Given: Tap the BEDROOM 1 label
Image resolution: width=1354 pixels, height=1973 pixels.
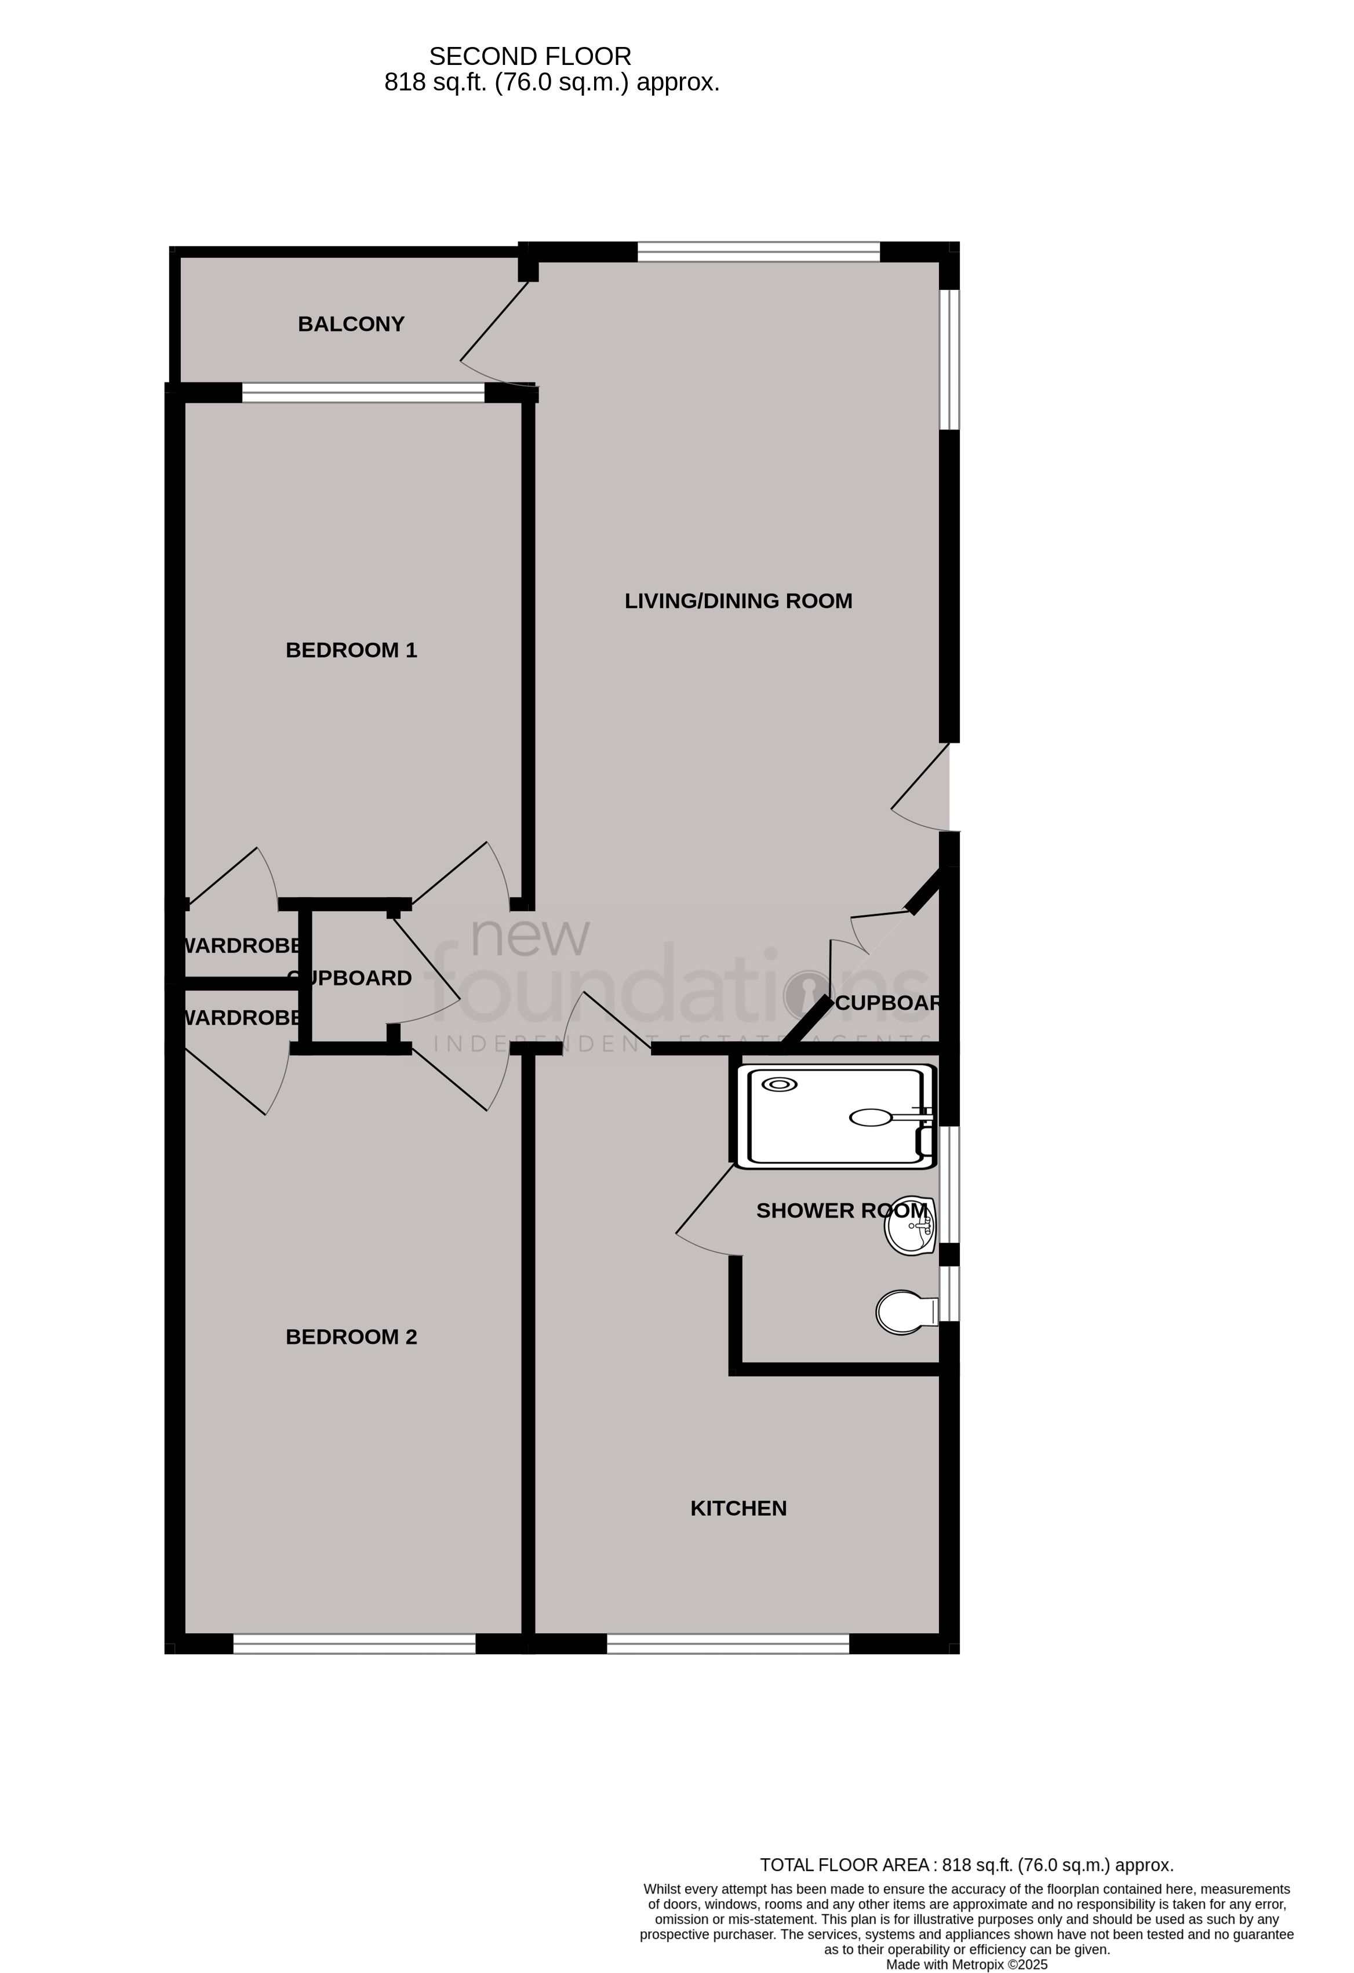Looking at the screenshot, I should coord(351,650).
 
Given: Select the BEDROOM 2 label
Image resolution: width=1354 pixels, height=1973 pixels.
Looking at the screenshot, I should coord(351,1337).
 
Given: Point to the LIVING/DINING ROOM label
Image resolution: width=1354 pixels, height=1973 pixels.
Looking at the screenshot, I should coord(738,601).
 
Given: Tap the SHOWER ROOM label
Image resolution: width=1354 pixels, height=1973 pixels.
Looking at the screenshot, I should coord(840,1211).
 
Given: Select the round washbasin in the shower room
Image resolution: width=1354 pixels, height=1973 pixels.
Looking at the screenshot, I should coord(909,1226).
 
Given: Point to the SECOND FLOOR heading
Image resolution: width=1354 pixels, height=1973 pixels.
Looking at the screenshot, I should coord(530,57).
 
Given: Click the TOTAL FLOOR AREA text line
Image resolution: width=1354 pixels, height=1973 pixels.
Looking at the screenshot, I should coord(966,1865).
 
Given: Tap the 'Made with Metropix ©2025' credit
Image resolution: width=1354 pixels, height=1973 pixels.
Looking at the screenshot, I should coord(966,1964).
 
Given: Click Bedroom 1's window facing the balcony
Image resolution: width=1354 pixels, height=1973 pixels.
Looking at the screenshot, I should coord(363,392).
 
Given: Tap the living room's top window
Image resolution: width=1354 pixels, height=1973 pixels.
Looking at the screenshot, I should coord(758,252).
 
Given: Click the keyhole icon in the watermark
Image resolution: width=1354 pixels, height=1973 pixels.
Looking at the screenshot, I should coord(806,993).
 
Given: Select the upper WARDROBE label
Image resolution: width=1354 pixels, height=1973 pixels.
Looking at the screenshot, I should coord(241,946).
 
